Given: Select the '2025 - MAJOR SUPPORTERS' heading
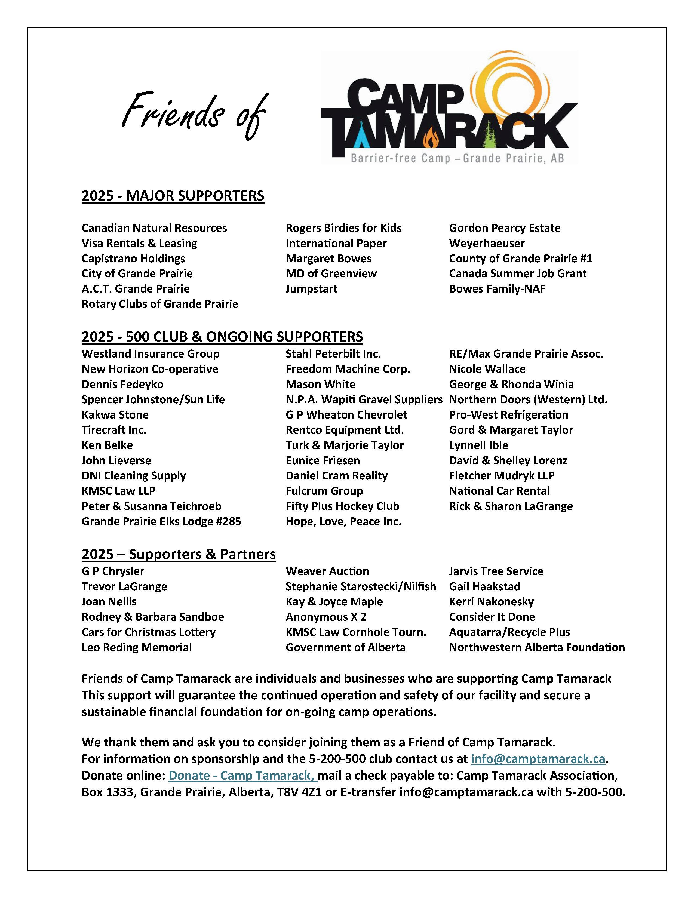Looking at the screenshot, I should coord(173,196).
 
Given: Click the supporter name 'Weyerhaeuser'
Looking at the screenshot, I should coord(486,244).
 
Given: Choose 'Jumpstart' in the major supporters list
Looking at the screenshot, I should coord(311,289).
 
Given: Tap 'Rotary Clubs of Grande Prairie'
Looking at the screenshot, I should coord(159,304).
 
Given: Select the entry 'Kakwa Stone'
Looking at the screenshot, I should coord(115,414).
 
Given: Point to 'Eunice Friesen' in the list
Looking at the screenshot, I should coord(323,460).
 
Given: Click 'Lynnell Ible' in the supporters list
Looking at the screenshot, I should coord(478,445).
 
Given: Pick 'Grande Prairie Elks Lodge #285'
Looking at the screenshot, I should coord(161,521).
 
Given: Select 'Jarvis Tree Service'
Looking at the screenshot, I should coord(496,571).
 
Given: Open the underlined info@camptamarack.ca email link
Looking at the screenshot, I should coord(538,759).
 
